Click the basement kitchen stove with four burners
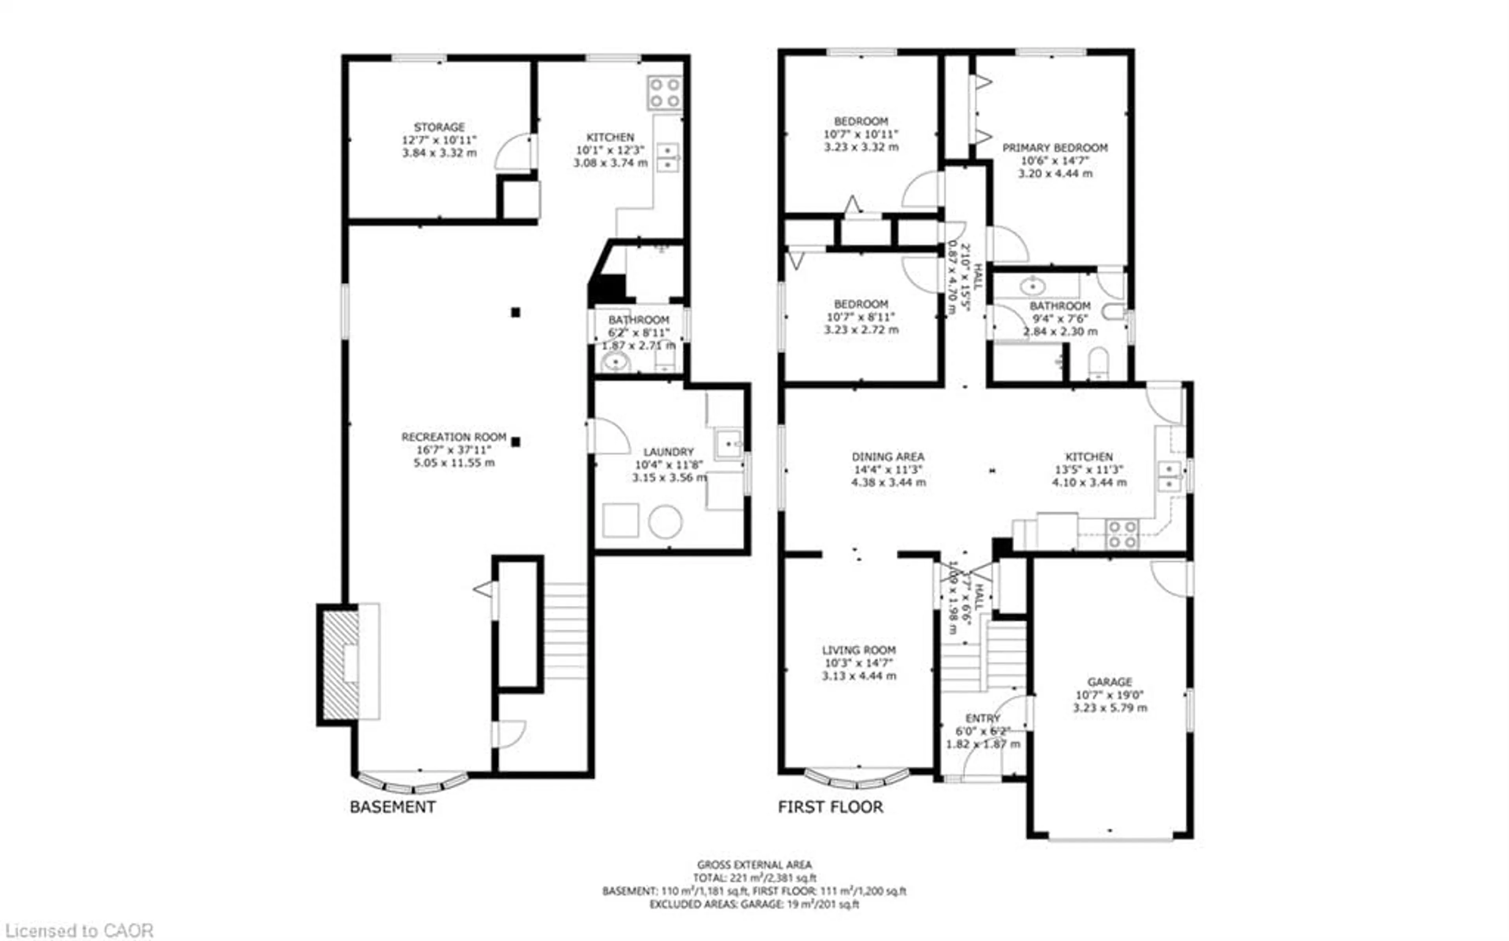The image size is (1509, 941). click(665, 93)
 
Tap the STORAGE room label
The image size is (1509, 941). click(439, 127)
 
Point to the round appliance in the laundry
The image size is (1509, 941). click(665, 521)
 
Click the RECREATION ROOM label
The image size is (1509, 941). click(453, 437)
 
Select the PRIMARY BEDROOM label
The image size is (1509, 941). click(1055, 148)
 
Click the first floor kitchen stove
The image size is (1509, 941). click(1122, 535)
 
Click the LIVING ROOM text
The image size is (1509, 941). click(859, 650)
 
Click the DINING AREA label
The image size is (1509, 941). click(888, 456)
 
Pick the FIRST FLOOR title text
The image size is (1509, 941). click(830, 807)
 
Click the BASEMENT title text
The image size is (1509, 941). click(392, 807)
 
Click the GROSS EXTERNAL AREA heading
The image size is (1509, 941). click(754, 864)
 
